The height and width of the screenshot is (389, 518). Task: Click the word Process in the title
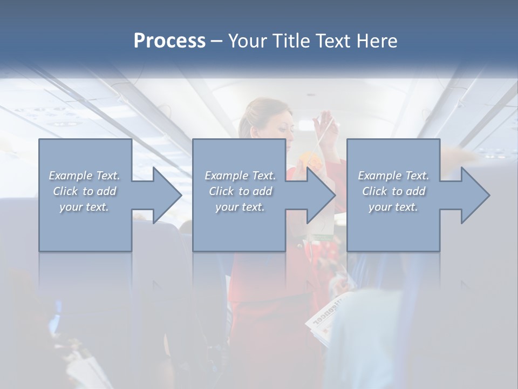(169, 41)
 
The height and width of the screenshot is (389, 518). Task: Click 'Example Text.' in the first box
(84, 176)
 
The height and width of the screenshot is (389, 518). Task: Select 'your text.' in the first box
(84, 207)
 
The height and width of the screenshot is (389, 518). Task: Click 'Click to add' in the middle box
(240, 191)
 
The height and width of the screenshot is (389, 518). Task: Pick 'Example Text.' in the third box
(393, 176)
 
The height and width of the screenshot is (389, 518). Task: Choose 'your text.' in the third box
(393, 207)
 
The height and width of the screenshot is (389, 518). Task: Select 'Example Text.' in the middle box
(240, 176)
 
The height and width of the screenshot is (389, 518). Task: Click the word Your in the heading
(247, 41)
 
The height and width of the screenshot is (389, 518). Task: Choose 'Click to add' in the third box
(393, 191)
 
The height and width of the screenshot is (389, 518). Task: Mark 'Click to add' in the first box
(84, 191)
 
